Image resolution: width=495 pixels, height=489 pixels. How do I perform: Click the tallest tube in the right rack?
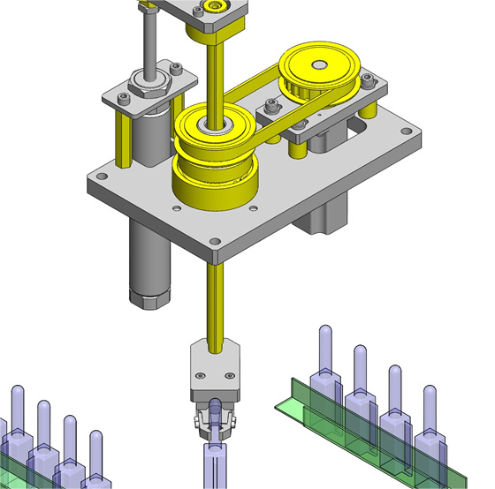325,353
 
